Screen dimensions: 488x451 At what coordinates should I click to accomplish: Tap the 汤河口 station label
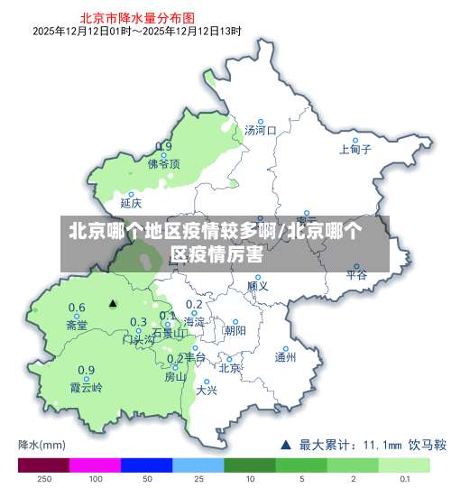260,131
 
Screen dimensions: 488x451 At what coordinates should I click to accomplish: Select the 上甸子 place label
354,150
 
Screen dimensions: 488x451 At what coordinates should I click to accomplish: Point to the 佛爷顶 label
164,164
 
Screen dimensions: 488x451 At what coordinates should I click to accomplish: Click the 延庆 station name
131,203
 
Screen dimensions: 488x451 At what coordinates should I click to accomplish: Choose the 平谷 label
356,275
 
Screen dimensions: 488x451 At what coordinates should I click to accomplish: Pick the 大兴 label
207,391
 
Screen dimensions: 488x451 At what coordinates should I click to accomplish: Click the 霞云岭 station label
86,388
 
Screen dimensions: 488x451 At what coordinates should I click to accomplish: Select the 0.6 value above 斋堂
78,308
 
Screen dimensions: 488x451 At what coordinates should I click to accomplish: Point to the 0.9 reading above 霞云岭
86,370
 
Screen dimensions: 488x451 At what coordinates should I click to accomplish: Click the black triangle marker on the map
113,304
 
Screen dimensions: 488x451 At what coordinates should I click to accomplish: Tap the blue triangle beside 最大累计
286,444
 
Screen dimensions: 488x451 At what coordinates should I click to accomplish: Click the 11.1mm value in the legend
382,444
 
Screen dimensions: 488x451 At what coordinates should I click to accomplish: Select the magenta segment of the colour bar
95,465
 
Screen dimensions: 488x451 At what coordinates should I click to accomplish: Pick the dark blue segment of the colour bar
146,465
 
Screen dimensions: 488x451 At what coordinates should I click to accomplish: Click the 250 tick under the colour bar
43,479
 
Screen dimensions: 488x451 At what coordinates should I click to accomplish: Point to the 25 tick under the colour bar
198,479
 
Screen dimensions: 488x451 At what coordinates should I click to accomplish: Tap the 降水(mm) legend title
41,444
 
